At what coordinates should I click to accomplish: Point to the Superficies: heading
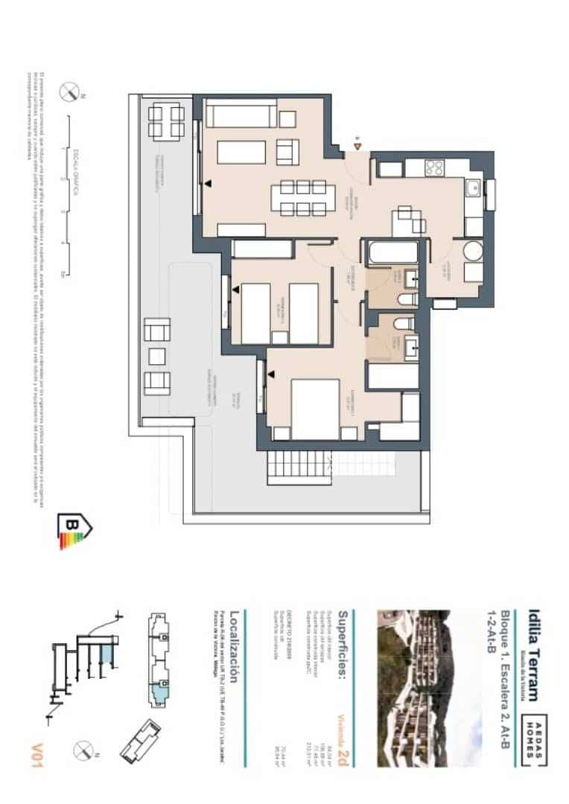pyautogui.click(x=343, y=645)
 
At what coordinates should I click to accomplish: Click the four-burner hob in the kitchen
pyautogui.click(x=434, y=168)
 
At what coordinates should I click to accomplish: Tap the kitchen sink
pyautogui.click(x=472, y=189)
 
